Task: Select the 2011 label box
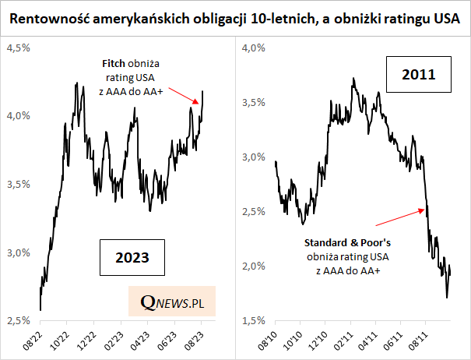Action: pyautogui.click(x=418, y=76)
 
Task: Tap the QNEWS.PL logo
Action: pyautogui.click(x=171, y=301)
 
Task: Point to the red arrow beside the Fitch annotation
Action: pyautogui.click(x=185, y=95)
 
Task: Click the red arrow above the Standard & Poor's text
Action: pyautogui.click(x=406, y=216)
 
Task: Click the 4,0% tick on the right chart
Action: pyautogui.click(x=255, y=48)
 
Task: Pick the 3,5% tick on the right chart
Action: pyautogui.click(x=255, y=102)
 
